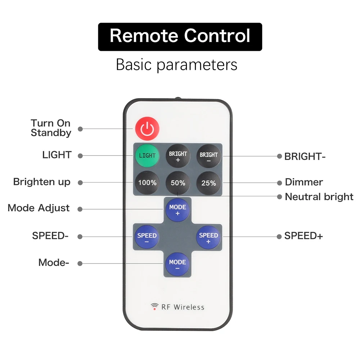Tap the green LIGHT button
click(x=147, y=156)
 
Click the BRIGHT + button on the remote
click(x=178, y=156)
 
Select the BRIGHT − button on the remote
click(x=208, y=156)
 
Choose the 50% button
click(x=178, y=183)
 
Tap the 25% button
click(x=208, y=183)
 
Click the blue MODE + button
click(x=177, y=210)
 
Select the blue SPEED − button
click(x=147, y=237)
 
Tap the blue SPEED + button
click(x=208, y=237)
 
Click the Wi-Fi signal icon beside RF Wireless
click(x=154, y=306)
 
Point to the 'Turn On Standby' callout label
click(x=51, y=128)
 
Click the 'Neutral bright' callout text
click(x=319, y=197)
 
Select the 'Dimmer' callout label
click(x=304, y=182)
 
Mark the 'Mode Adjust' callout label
click(x=39, y=208)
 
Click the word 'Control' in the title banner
click(x=217, y=36)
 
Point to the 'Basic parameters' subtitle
click(x=176, y=65)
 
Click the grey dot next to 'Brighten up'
click(x=80, y=183)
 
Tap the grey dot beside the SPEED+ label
click(x=279, y=237)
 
